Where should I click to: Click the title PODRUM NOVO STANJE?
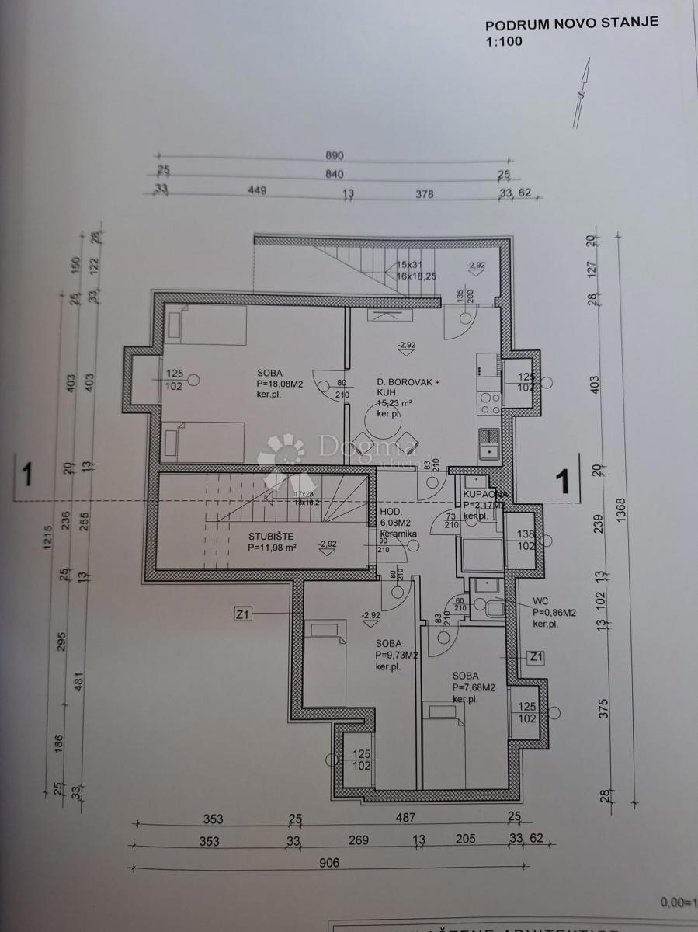tap(571, 23)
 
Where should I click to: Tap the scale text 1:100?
tap(504, 41)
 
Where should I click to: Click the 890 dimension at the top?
tap(335, 155)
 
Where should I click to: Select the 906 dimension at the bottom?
tap(328, 862)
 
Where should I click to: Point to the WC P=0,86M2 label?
tap(554, 612)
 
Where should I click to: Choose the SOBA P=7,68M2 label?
tap(474, 687)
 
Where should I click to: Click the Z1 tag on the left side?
tap(244, 614)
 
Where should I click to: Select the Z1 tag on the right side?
tap(535, 658)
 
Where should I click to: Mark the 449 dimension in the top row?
tap(257, 193)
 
